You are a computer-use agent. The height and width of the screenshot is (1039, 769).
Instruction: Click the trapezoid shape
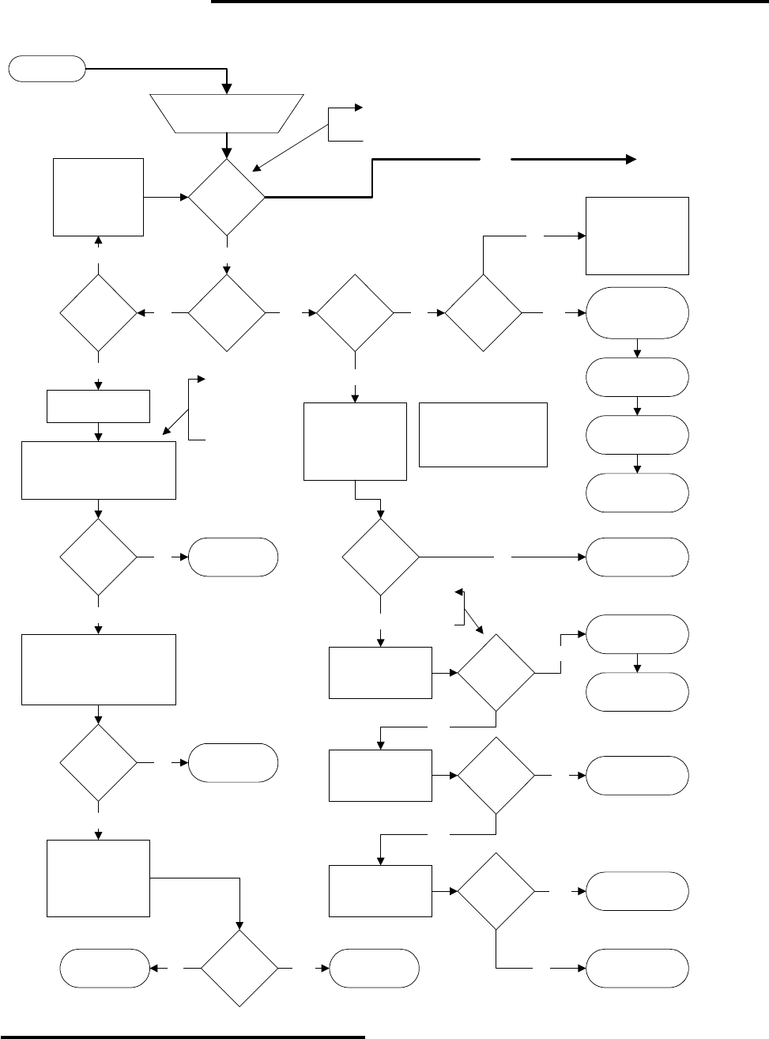[x=227, y=113]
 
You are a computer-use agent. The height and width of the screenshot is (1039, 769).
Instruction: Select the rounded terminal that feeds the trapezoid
[x=47, y=69]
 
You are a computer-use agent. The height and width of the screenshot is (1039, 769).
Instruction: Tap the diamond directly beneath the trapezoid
[x=227, y=197]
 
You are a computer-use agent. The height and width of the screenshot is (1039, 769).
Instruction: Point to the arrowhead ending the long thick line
[x=631, y=159]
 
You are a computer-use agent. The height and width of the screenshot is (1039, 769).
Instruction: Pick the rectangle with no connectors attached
[x=483, y=434]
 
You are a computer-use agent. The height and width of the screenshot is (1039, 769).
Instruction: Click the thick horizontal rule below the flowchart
[x=182, y=1035]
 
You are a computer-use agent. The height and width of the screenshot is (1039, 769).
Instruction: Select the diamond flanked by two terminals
[x=239, y=968]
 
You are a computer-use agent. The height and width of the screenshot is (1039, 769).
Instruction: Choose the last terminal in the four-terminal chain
[x=637, y=493]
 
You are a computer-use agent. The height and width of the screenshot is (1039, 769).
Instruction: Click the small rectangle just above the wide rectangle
[x=99, y=406]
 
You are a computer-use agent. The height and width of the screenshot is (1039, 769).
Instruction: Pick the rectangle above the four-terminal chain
[x=637, y=236]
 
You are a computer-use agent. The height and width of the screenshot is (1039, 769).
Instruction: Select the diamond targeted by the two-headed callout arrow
[x=496, y=673]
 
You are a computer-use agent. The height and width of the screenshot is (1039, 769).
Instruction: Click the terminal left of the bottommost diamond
[x=106, y=968]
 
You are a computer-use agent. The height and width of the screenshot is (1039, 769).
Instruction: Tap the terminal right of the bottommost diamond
[x=374, y=968]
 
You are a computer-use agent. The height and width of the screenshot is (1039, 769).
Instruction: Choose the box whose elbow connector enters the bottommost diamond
[x=99, y=878]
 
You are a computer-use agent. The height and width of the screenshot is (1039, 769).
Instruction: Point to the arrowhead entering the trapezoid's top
[x=227, y=89]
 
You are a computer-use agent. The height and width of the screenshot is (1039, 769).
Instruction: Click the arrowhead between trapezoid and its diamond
[x=227, y=153]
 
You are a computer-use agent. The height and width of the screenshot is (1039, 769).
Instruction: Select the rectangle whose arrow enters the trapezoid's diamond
[x=99, y=196]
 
